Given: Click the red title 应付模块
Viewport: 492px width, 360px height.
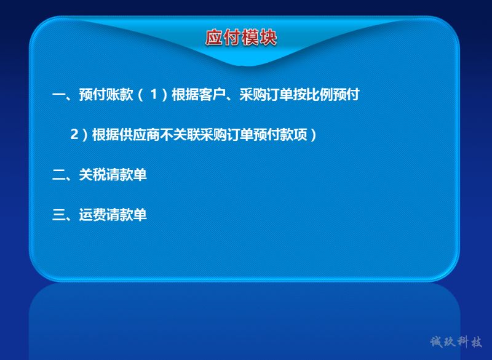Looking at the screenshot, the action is pyautogui.click(x=241, y=38).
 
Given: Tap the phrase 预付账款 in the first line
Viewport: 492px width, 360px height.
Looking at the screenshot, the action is pyautogui.click(x=106, y=95).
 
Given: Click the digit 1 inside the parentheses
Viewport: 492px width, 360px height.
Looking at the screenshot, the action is pyautogui.click(x=153, y=94).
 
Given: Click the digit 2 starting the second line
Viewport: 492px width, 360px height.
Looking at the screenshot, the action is pyautogui.click(x=74, y=134).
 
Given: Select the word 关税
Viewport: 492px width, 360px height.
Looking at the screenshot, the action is pyautogui.click(x=93, y=175).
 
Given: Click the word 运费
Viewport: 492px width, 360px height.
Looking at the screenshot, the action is pyautogui.click(x=93, y=215).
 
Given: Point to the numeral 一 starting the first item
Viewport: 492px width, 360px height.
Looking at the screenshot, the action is pyautogui.click(x=58, y=94).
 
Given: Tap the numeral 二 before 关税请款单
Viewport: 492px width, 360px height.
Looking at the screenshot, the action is pyautogui.click(x=58, y=175).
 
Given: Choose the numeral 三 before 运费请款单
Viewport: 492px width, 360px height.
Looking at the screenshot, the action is pyautogui.click(x=58, y=215).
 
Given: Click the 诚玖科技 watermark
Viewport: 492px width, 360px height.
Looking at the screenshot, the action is pyautogui.click(x=456, y=342).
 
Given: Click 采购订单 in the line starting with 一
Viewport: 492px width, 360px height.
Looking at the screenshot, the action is pyautogui.click(x=266, y=95).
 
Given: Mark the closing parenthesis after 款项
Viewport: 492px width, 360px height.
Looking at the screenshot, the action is pyautogui.click(x=313, y=135).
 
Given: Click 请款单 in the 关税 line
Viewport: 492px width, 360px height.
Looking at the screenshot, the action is pyautogui.click(x=127, y=175).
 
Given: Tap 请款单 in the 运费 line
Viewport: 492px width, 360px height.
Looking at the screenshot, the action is pyautogui.click(x=127, y=215).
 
